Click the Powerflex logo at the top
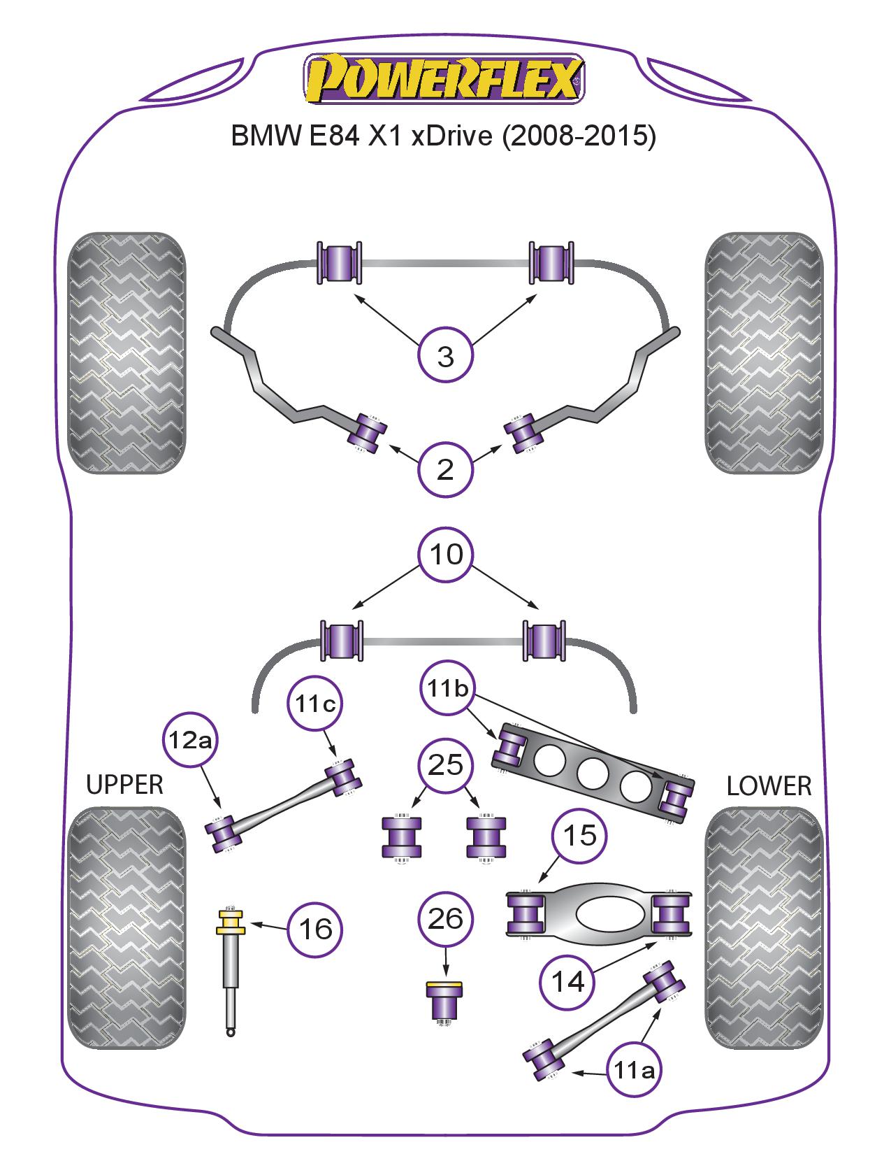(444, 79)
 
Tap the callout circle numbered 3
(445, 357)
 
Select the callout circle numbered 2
(445, 470)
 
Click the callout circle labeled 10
(446, 555)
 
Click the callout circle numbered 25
(446, 765)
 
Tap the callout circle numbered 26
(446, 918)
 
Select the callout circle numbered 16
(315, 929)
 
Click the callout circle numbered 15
(580, 836)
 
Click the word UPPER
(124, 785)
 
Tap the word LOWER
(769, 786)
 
